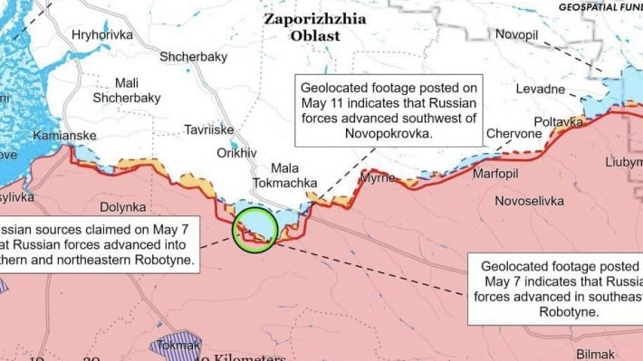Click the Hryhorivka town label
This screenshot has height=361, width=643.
(x=101, y=34)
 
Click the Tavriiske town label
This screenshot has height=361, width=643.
(x=211, y=129)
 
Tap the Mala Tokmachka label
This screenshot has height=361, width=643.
(x=294, y=176)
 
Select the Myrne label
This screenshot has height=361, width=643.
(x=378, y=178)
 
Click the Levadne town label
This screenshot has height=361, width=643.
(x=541, y=90)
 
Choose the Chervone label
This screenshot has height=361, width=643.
(x=513, y=134)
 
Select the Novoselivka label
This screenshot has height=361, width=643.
(x=533, y=198)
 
